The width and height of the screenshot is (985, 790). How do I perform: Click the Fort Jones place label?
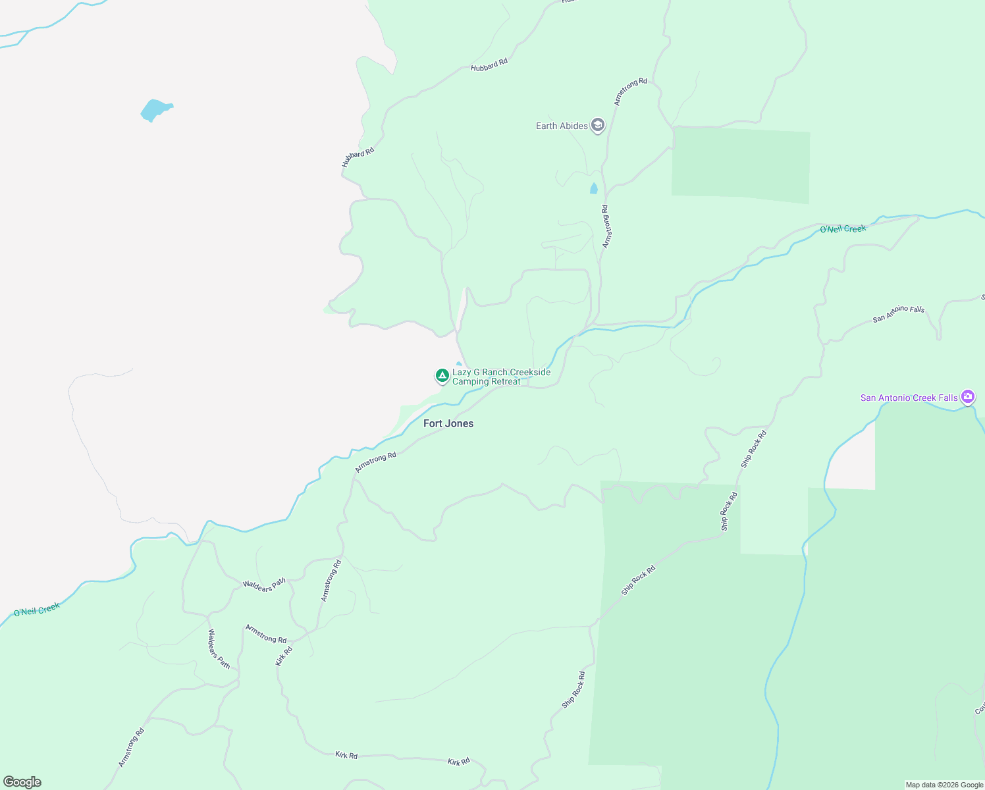(x=448, y=423)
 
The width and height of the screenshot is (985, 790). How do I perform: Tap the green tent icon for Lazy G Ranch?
(x=442, y=375)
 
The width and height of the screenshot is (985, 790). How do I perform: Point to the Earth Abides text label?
(x=562, y=126)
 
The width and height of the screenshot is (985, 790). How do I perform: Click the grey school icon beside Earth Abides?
(x=598, y=125)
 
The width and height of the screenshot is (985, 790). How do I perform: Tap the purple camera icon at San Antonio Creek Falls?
(x=968, y=396)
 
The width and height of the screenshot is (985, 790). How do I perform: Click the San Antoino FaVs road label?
(x=899, y=314)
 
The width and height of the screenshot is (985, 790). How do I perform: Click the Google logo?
(x=22, y=782)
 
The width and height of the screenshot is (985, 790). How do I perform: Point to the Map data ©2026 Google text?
(x=944, y=785)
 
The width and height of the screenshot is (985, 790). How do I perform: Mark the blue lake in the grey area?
(x=156, y=110)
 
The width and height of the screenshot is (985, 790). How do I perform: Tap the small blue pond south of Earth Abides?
(x=594, y=189)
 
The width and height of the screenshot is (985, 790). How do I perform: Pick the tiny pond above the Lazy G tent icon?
(x=459, y=363)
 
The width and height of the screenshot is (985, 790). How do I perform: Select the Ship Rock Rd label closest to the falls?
(x=754, y=448)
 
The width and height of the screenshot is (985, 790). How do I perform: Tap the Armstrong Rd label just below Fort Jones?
(x=376, y=461)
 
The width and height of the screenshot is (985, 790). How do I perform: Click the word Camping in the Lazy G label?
(x=470, y=382)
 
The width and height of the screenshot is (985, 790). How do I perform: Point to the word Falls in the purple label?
(x=947, y=398)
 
